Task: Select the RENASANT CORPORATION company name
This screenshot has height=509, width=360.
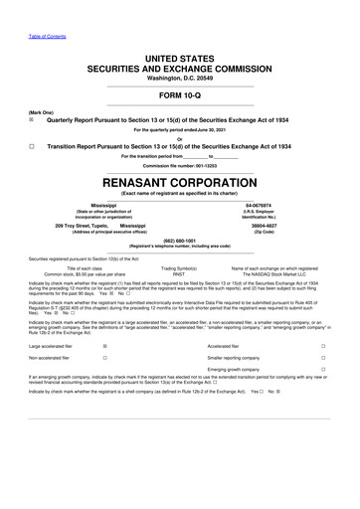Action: click(180, 184)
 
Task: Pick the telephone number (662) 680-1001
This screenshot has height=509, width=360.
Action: click(180, 240)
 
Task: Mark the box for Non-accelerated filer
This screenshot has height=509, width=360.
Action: click(105, 358)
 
